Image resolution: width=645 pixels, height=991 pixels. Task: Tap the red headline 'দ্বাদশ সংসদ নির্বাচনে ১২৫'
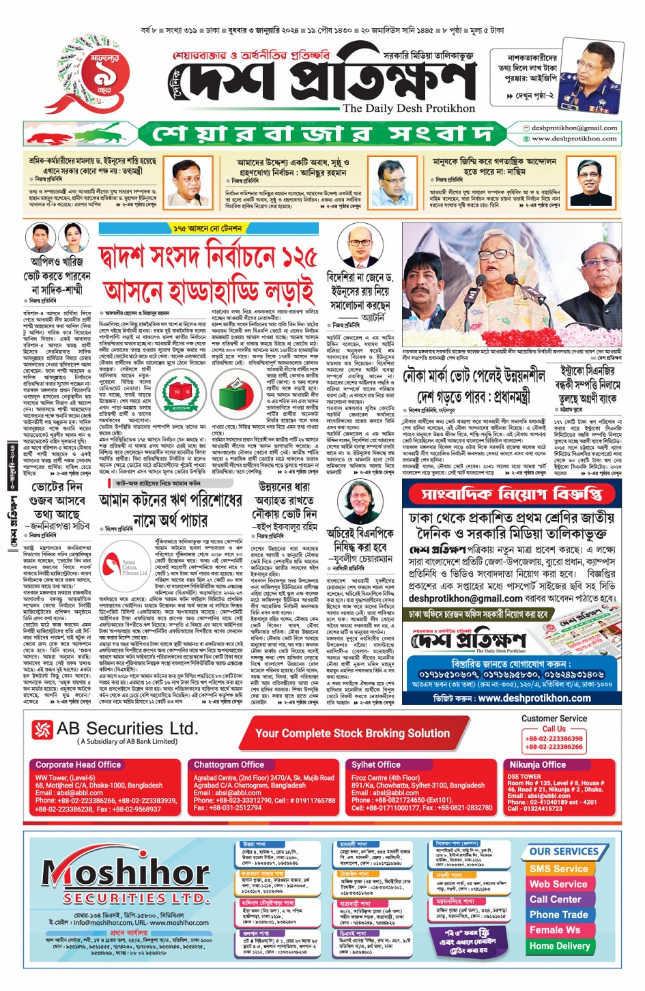(208, 258)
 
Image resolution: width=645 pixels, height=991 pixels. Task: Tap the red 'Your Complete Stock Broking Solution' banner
(352, 733)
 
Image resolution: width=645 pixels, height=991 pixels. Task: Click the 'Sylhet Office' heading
(376, 764)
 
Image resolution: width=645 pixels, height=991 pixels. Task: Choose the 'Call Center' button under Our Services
(556, 899)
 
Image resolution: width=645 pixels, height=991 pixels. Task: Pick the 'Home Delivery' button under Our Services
(559, 946)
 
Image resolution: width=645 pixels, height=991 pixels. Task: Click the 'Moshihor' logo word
(126, 873)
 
